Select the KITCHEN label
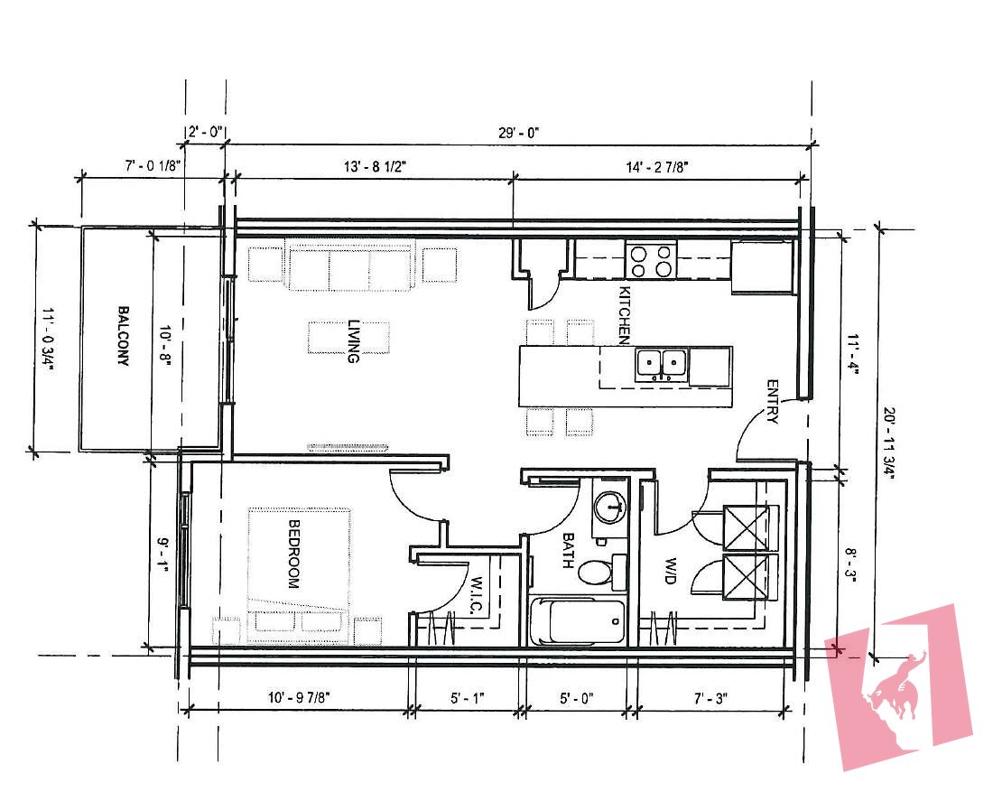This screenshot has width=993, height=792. coord(623,314)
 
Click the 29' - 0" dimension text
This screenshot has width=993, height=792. coord(517,132)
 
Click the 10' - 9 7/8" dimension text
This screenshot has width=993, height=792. coord(300,697)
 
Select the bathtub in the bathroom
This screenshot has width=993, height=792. coord(578,621)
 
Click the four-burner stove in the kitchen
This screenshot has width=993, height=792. coord(653,261)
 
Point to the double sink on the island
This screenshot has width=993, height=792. coord(662,364)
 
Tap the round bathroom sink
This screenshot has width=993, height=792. coord(611,508)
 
